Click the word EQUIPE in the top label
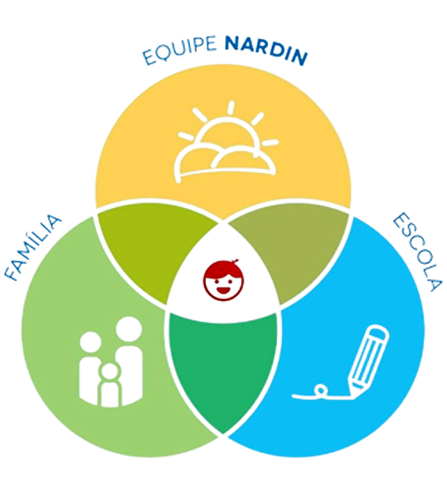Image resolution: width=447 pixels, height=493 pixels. point(180,49)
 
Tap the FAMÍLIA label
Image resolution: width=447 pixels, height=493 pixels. point(33,247)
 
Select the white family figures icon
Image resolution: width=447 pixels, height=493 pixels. point(111,362)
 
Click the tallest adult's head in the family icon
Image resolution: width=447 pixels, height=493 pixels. point(129,329)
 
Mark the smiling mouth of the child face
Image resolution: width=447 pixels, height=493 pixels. point(223,290)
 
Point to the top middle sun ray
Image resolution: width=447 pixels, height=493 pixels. point(231,108)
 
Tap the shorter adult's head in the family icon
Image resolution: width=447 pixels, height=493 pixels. point(90,343)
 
